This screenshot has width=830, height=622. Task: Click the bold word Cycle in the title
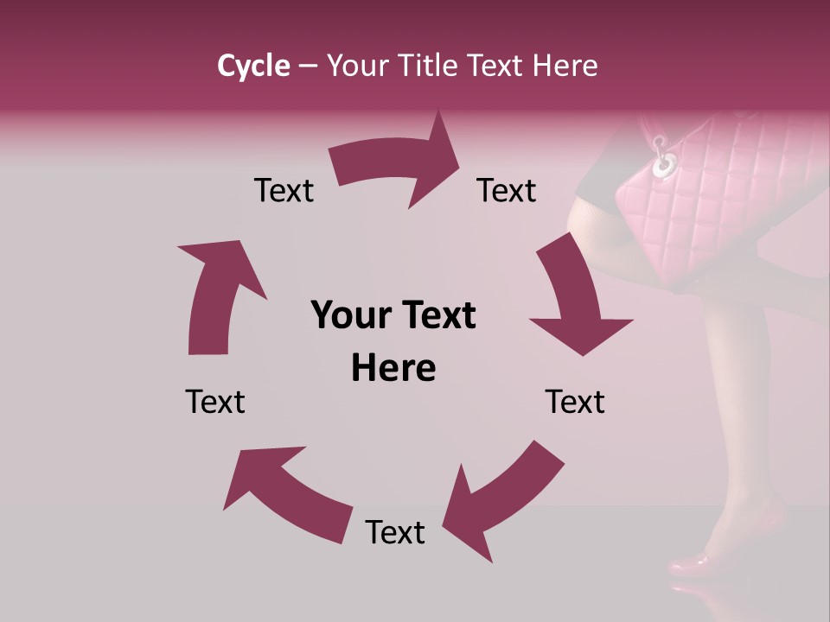(253, 66)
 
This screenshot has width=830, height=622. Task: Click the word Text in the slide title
(499, 66)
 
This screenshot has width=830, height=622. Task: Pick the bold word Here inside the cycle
(393, 369)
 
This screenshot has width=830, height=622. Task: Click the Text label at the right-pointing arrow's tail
(284, 190)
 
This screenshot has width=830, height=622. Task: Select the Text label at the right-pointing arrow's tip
(507, 190)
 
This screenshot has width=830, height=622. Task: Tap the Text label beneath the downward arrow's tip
(575, 402)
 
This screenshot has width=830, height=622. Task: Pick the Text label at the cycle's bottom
(395, 532)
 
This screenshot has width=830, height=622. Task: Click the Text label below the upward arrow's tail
(215, 402)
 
